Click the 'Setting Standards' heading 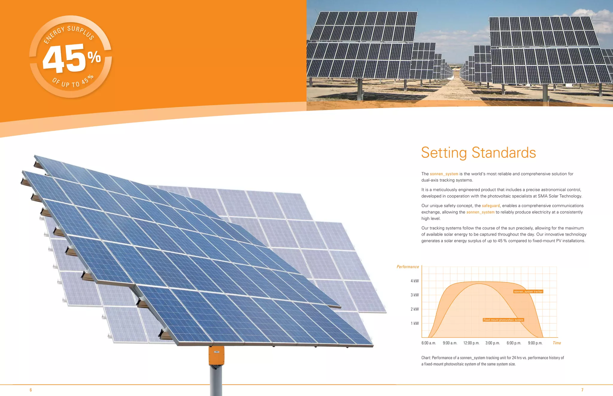tap(478, 153)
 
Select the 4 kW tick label tap(415, 281)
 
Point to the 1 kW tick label tap(415, 323)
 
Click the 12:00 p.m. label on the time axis tap(471, 343)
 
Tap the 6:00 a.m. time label tap(429, 343)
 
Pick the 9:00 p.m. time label tap(535, 343)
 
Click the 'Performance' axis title tap(408, 267)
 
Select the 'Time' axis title tap(557, 343)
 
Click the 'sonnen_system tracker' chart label tap(528, 291)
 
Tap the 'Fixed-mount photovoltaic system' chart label tap(503, 320)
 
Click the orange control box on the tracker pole tap(216, 355)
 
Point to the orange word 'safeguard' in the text tap(491, 206)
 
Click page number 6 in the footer tap(31, 390)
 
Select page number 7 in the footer tap(582, 390)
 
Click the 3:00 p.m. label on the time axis tap(492, 343)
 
